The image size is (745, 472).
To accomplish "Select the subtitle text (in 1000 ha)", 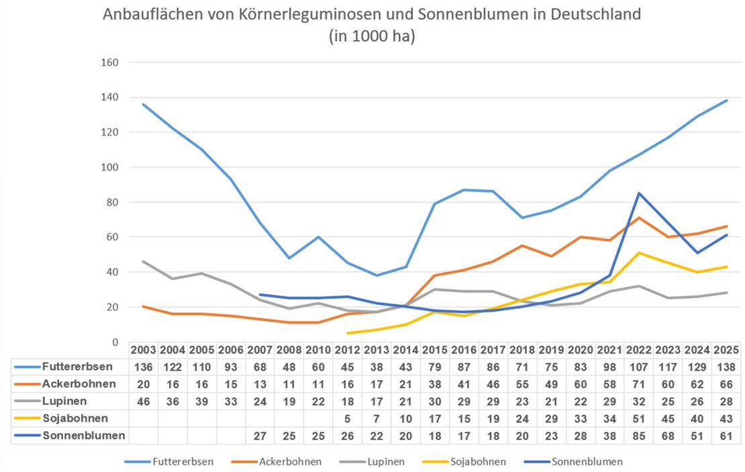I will (372, 37).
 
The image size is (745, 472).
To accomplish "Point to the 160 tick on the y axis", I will (109, 62).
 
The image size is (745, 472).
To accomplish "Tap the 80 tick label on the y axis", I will (111, 202).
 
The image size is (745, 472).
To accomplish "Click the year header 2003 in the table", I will (144, 350).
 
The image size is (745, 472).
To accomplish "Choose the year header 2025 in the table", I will (727, 350).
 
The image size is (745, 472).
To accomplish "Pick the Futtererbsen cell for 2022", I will (638, 367).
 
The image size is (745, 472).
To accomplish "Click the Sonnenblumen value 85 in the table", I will (638, 436).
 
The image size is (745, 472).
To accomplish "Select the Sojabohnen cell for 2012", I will (347, 418).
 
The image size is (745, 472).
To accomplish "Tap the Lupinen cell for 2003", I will (144, 402).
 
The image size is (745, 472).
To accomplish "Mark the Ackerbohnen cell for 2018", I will (522, 384).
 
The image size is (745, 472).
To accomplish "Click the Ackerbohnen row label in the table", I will (74, 384).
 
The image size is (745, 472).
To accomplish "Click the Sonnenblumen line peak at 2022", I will (638, 193).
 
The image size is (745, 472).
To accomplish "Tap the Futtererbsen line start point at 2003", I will (144, 104).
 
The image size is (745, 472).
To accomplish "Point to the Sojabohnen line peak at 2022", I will (638, 252).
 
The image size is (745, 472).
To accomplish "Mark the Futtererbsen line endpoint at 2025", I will (727, 101).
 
